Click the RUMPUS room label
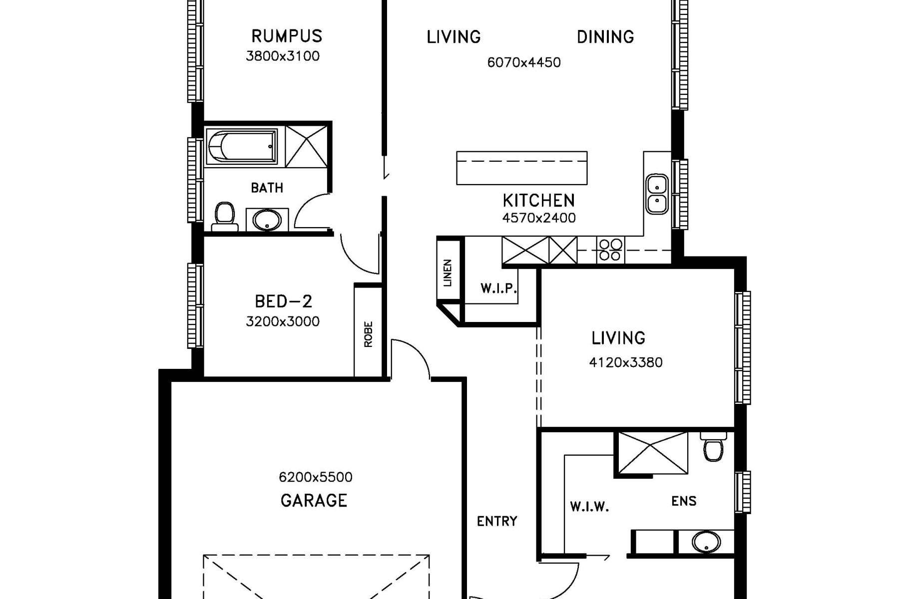pos(287,36)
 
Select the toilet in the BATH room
pos(224,217)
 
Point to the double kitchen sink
pos(657,194)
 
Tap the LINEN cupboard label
pos(448,273)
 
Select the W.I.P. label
pos(498,288)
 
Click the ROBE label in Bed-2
pos(369,334)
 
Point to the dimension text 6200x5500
pos(316,477)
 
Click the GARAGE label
pos(314,500)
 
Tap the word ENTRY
pos(497,522)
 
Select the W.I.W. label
pos(589,508)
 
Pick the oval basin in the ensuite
pos(706,542)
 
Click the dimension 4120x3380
pos(626,362)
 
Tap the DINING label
pos(605,37)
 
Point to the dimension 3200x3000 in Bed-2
pos(283,321)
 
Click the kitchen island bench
pos(522,168)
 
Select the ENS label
pos(684,501)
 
